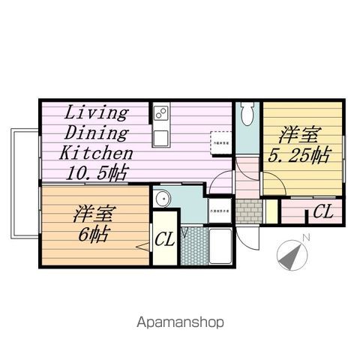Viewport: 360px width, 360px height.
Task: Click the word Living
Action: pos(97,113)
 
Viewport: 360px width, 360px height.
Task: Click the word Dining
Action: pos(97,133)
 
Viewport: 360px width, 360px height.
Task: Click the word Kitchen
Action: pos(97,152)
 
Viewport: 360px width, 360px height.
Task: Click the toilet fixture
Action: pos(248,116)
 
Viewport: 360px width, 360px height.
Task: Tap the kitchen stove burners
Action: pos(160,114)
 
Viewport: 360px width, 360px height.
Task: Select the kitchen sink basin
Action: pos(160,137)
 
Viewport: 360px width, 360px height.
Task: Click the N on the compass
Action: pos(306,238)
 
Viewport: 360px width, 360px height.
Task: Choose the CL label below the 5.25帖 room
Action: pos(322,212)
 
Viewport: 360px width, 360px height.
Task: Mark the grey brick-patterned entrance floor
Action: pos(249,210)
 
